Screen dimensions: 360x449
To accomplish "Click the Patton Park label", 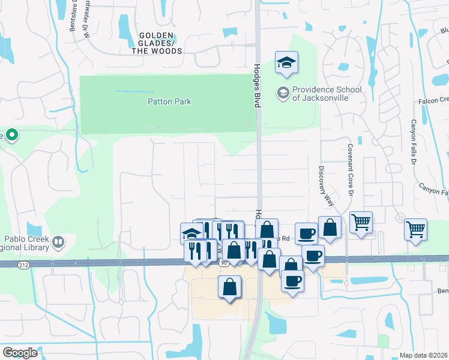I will pyautogui.click(x=169, y=102).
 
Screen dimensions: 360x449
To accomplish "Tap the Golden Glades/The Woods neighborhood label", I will pyautogui.click(x=157, y=43).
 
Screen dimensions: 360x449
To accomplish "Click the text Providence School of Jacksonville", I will pyautogui.click(x=327, y=94).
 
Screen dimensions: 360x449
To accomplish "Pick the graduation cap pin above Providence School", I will pyautogui.click(x=287, y=62).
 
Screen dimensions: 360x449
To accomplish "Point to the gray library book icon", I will pyautogui.click(x=58, y=242).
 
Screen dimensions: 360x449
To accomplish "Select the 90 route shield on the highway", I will pyautogui.click(x=224, y=263).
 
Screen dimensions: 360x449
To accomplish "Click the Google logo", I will pyautogui.click(x=20, y=353).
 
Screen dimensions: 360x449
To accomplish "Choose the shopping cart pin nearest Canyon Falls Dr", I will pyautogui.click(x=415, y=229).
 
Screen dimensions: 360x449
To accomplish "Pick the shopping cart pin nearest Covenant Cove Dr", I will pyautogui.click(x=361, y=223).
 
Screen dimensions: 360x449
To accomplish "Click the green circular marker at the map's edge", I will pyautogui.click(x=10, y=134).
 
